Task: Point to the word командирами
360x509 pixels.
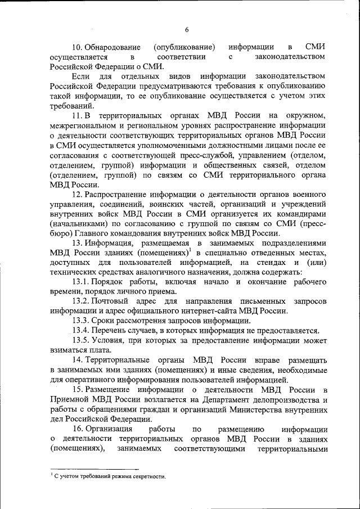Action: (301, 214)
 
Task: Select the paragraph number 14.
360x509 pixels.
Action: (78, 361)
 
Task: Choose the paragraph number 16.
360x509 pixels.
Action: (78, 430)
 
